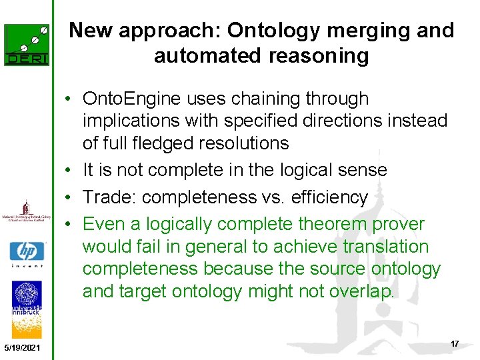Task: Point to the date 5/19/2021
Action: pyautogui.click(x=21, y=349)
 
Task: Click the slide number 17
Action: pyautogui.click(x=454, y=343)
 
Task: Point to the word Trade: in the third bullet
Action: pyautogui.click(x=109, y=197)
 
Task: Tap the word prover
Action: pyautogui.click(x=399, y=224)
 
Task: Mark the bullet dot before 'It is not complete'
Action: pyautogui.click(x=70, y=171)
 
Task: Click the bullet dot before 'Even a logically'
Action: pyautogui.click(x=70, y=225)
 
